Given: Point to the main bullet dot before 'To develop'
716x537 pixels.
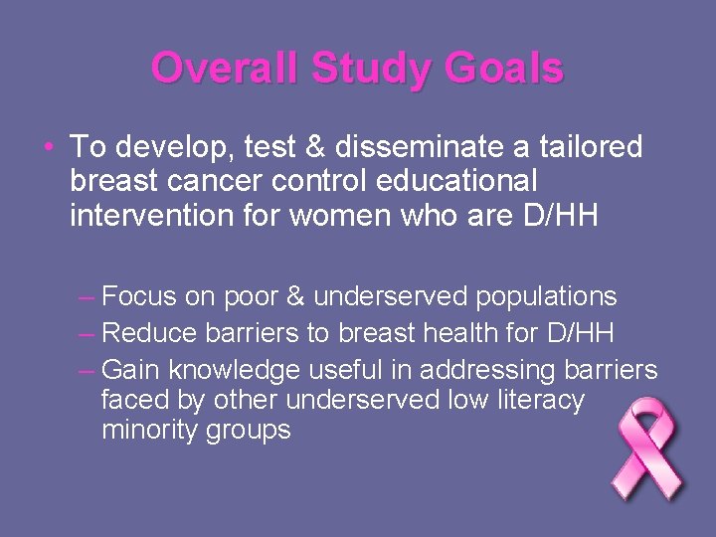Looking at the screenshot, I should point(49,148).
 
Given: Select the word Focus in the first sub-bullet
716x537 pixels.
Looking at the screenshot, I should point(138,296).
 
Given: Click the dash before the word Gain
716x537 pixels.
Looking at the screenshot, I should point(87,370).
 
